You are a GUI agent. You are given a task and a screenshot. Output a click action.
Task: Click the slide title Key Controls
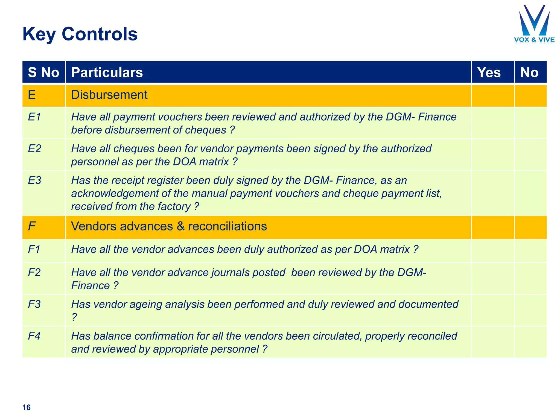pyautogui.click(x=80, y=34)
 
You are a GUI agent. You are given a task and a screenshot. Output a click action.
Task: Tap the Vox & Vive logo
pyautogui.click(x=534, y=25)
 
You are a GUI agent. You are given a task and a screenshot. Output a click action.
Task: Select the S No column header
pyautogui.click(x=43, y=72)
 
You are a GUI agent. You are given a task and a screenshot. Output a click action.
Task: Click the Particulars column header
pyautogui.click(x=107, y=72)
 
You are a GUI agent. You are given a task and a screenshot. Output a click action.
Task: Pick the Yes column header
pyautogui.click(x=489, y=72)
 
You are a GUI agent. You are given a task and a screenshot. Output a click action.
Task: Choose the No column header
pyautogui.click(x=529, y=72)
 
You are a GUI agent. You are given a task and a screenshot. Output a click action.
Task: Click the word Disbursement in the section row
pyautogui.click(x=109, y=95)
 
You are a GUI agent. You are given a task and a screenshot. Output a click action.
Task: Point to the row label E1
pyautogui.click(x=34, y=117)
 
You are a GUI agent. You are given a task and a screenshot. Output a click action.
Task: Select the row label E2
pyautogui.click(x=34, y=149)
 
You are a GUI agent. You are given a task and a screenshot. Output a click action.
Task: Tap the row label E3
pyautogui.click(x=34, y=180)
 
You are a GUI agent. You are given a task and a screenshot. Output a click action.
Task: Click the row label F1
pyautogui.click(x=34, y=249)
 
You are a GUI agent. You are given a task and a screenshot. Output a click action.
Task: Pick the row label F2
pyautogui.click(x=34, y=273)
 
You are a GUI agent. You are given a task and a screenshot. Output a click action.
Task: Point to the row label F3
pyautogui.click(x=34, y=304)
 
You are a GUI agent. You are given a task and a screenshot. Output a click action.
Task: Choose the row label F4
pyautogui.click(x=34, y=336)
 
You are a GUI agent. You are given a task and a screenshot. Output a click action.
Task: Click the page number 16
pyautogui.click(x=27, y=407)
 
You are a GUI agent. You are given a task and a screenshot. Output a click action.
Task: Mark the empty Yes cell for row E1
pyautogui.click(x=492, y=123)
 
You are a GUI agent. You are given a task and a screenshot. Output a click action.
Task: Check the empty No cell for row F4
pyautogui.click(x=530, y=342)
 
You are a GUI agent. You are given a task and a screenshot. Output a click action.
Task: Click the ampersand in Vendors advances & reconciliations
pyautogui.click(x=180, y=226)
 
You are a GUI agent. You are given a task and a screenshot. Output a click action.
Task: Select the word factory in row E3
pyautogui.click(x=174, y=207)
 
